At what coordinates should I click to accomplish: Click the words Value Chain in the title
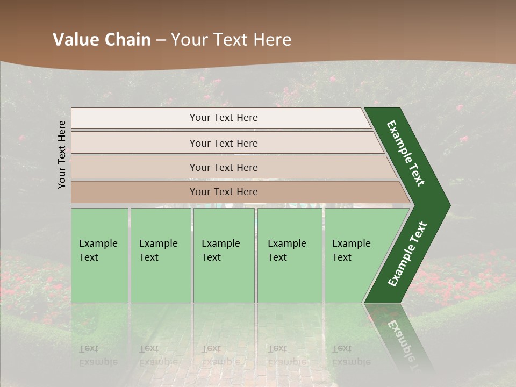[102, 40]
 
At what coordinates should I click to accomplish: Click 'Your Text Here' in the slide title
[231, 40]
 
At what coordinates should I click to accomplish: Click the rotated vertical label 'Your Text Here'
[62, 154]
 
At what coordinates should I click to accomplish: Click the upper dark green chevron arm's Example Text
[406, 153]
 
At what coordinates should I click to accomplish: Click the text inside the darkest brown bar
[224, 192]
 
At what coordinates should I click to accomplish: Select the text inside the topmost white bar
[224, 118]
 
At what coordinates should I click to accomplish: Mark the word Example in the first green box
[98, 243]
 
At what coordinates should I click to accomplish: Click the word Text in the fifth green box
[341, 257]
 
